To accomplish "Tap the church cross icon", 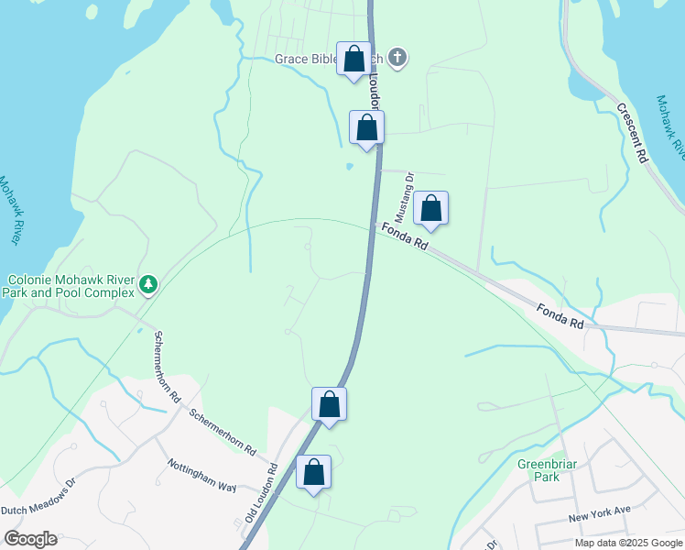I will pyautogui.click(x=397, y=59).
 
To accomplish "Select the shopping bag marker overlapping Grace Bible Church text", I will pyautogui.click(x=354, y=60).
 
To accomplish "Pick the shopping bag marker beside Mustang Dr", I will pyautogui.click(x=430, y=209).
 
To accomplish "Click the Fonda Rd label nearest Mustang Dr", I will pyautogui.click(x=405, y=237).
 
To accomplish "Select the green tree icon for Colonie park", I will pyautogui.click(x=148, y=285).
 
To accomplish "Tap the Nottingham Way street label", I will pyautogui.click(x=202, y=475).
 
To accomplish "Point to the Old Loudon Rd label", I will pyautogui.click(x=261, y=493).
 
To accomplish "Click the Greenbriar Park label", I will pyautogui.click(x=547, y=470).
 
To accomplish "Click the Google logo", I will pyautogui.click(x=30, y=539).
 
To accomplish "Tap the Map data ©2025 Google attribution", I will pyautogui.click(x=627, y=543).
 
